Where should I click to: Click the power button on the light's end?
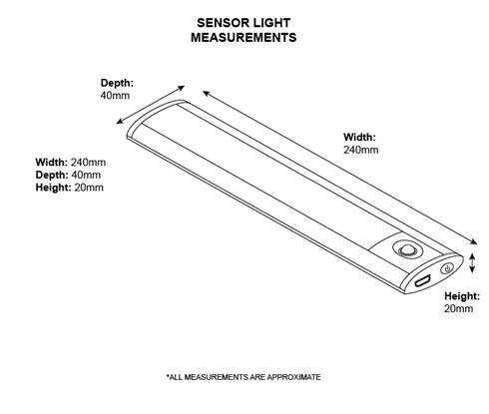tap(447, 268)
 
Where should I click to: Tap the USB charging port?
tap(422, 281)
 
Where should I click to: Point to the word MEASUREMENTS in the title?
tap(244, 37)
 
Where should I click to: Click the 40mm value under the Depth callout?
tap(115, 96)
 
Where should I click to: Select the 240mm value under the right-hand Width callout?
tap(361, 150)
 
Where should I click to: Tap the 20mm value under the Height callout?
tap(458, 308)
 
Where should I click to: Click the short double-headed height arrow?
tap(472, 263)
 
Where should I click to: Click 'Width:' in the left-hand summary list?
tap(52, 163)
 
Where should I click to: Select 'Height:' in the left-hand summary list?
tap(54, 188)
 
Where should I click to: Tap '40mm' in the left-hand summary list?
tap(86, 175)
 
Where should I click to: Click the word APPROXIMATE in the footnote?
tap(293, 377)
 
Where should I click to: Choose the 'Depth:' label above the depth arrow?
tap(117, 83)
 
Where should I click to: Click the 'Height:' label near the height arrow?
tap(462, 296)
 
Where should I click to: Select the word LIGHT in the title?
tap(271, 23)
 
